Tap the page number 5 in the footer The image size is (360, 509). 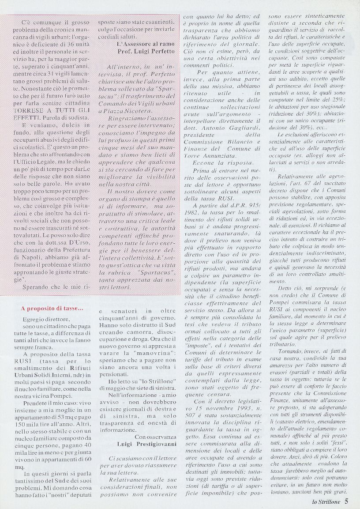[x=347, y=501]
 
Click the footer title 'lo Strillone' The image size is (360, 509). [x=325, y=501]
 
